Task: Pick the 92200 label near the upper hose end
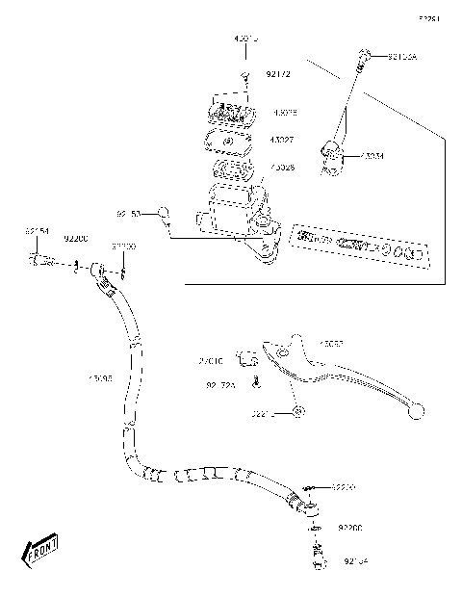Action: (76, 238)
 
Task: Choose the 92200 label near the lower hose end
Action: (350, 529)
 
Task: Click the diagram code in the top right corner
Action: (428, 18)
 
